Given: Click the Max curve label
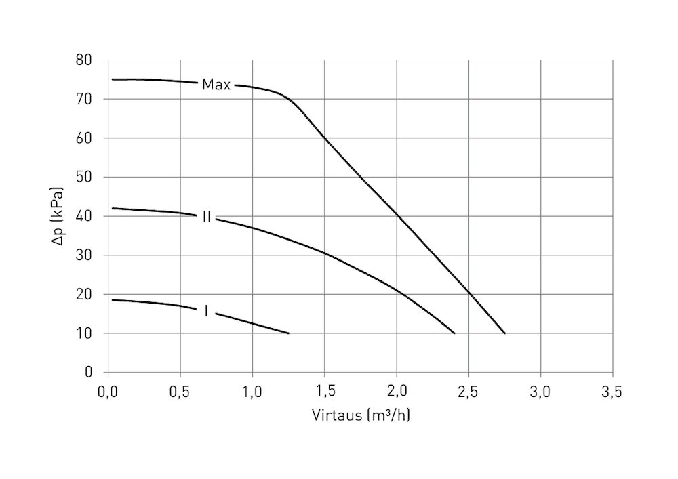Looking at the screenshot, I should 216,85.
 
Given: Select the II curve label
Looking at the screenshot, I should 206,217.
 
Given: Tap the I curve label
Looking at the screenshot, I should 206,311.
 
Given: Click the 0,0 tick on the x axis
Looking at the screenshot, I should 108,391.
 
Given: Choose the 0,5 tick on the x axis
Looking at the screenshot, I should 180,391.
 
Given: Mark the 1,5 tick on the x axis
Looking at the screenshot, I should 324,391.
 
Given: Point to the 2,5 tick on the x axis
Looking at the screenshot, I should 468,391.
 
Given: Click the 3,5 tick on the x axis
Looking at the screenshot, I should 612,391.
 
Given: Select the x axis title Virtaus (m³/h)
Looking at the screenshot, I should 361,415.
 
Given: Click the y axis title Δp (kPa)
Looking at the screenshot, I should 62,216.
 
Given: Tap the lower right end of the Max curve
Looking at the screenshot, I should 505,333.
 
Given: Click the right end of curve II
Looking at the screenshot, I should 454,333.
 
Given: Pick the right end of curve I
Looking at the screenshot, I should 289,333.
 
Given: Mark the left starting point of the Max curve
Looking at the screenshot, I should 113,79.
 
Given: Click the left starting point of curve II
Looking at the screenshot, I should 113,208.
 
